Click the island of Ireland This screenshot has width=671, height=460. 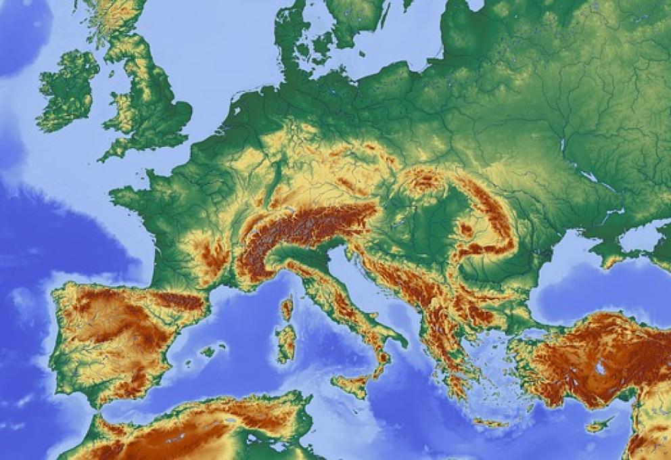(68, 91)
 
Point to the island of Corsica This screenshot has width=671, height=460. (287, 308)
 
